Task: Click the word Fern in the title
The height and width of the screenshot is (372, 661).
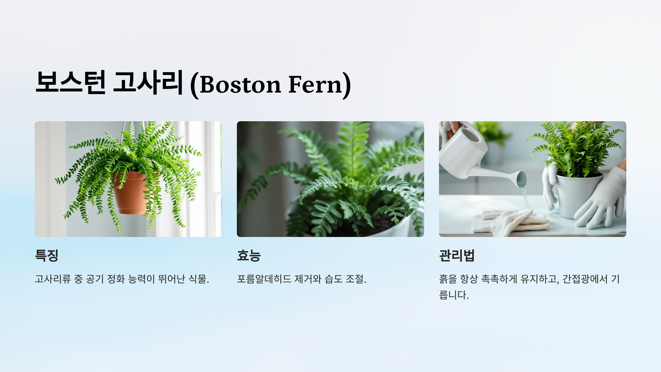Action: click(315, 85)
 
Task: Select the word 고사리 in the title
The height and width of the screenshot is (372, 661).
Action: click(148, 82)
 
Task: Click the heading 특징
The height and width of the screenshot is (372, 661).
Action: click(47, 255)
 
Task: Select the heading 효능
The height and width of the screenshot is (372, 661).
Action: click(249, 255)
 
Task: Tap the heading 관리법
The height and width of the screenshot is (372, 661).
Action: click(457, 255)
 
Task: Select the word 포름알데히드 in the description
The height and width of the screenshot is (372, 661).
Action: click(264, 279)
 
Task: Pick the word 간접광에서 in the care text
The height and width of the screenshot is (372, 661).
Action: click(585, 279)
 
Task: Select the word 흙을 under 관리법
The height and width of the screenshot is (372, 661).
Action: click(448, 279)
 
